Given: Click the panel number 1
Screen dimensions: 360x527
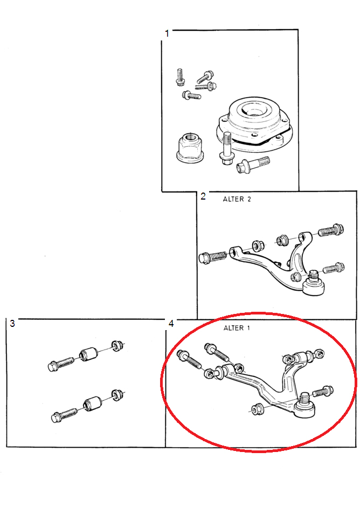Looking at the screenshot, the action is (167, 33).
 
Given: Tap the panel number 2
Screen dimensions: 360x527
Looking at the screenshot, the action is (203, 196).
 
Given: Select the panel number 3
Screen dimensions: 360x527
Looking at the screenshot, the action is (12, 323).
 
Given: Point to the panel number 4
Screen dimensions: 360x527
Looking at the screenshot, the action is (171, 324).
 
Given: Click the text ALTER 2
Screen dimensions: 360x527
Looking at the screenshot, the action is (237, 199).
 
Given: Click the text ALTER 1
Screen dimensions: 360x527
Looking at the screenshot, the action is (237, 328).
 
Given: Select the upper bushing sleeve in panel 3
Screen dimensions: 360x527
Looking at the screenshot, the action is (88, 353).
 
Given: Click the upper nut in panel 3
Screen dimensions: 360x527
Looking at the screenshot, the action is (117, 346).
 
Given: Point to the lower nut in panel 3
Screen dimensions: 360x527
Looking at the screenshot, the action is (117, 395).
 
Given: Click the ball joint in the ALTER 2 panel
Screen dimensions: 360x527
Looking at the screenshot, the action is (314, 284).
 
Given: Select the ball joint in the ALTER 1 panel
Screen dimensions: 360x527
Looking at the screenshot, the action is (304, 406).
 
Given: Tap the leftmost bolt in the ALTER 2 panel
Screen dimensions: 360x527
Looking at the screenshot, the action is (212, 257).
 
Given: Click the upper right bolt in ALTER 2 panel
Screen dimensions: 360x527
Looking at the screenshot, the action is (331, 230).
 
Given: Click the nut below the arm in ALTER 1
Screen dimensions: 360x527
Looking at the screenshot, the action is (257, 408).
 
